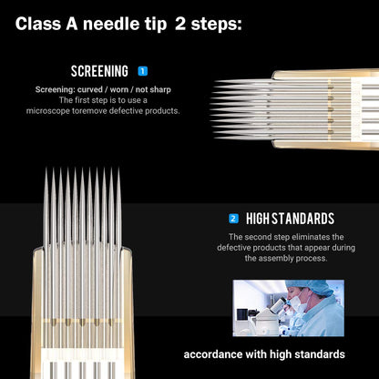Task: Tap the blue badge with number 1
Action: (142, 70)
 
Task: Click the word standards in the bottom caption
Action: (312, 353)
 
